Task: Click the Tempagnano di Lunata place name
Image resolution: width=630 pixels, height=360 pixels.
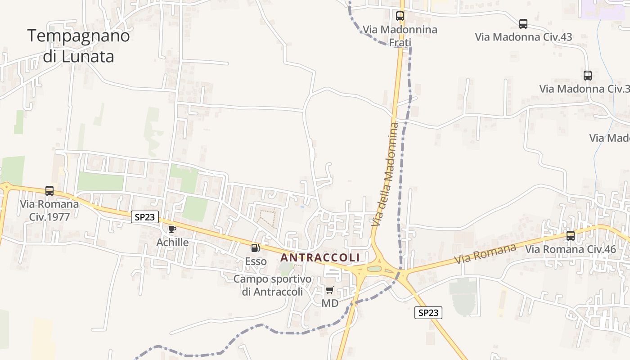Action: tap(79, 46)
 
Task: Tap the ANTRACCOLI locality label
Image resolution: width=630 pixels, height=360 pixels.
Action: tap(320, 258)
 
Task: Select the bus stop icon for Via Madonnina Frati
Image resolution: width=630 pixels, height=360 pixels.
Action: tap(400, 16)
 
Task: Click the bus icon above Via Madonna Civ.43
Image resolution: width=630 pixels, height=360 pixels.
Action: tap(523, 24)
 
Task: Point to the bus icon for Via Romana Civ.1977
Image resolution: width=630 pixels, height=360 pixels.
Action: tap(49, 191)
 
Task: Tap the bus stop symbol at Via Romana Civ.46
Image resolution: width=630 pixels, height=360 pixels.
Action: tap(571, 235)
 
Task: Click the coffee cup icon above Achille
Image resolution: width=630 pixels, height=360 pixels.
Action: tap(172, 229)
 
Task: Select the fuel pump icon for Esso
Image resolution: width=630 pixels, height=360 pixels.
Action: tap(255, 247)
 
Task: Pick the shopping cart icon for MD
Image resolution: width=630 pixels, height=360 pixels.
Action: tap(330, 290)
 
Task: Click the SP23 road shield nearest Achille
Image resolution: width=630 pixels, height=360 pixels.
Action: tap(145, 217)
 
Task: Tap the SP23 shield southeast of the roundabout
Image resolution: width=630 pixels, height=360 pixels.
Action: tap(428, 313)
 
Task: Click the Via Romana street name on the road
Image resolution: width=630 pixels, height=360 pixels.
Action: tap(485, 254)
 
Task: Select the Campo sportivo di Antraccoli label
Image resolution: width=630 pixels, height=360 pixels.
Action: tap(272, 285)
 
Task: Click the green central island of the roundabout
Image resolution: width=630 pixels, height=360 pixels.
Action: tap(374, 269)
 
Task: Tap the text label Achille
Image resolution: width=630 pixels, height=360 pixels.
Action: tap(172, 243)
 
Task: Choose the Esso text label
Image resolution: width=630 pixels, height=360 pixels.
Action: tap(256, 261)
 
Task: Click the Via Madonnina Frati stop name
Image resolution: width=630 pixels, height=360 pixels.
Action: tap(400, 36)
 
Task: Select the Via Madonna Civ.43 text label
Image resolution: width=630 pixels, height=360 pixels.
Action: tap(523, 37)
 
